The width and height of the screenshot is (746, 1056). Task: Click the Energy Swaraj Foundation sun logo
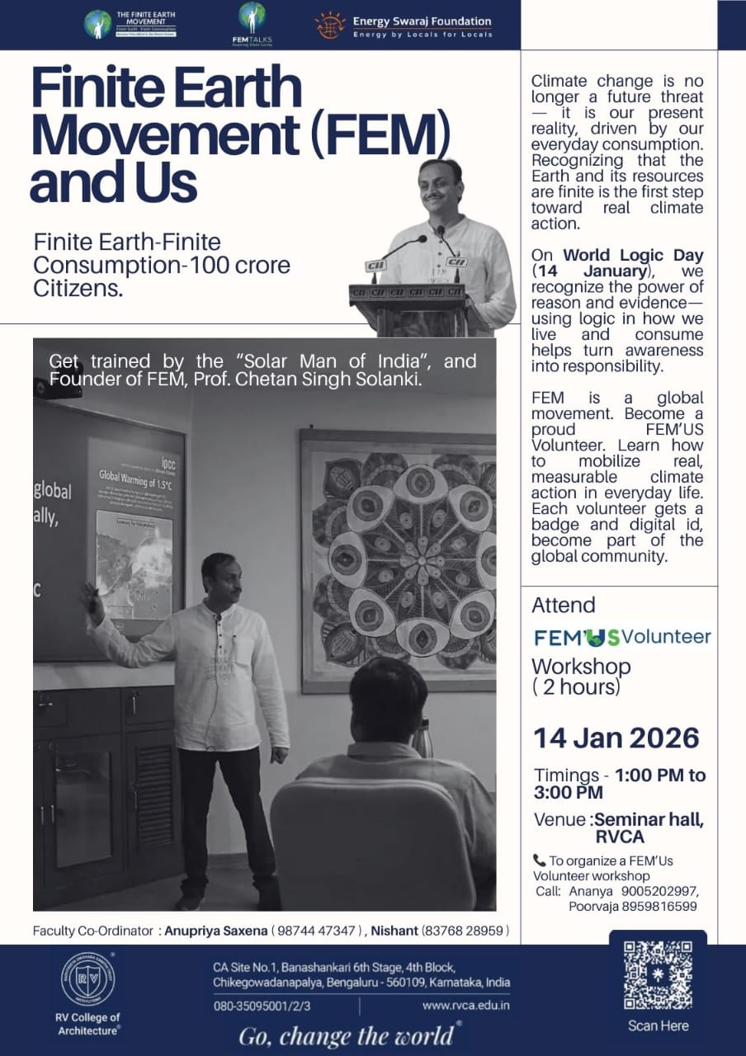coord(330,25)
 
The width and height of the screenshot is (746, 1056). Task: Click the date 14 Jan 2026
coord(616,738)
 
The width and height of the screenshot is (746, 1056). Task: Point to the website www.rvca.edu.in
coord(465,1005)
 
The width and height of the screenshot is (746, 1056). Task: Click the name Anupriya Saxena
coord(216,931)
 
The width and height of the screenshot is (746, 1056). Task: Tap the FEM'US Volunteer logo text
coord(621,637)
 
